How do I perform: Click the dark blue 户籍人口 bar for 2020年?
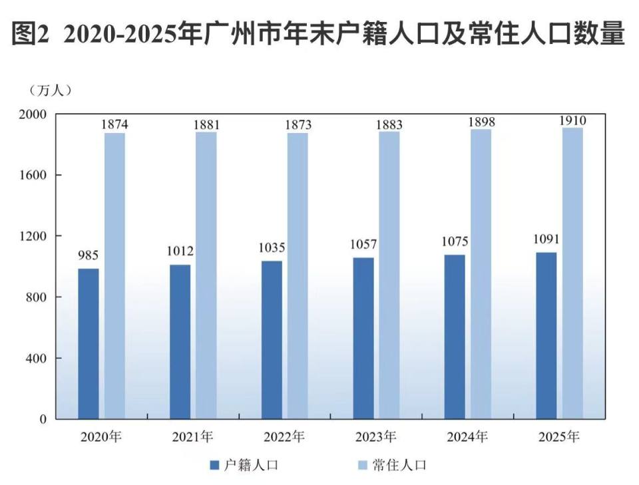point(89,344)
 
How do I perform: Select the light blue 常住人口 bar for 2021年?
point(206,275)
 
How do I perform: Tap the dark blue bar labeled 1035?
point(272,340)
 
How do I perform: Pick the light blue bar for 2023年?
point(389,275)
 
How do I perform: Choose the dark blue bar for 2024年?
point(455,337)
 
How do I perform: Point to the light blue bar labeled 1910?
point(572,273)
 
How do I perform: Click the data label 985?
point(89,255)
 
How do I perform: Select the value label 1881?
point(206,124)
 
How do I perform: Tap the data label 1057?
point(363,244)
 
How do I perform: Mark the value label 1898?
point(481,122)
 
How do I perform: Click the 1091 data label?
point(546,239)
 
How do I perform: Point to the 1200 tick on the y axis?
point(33,236)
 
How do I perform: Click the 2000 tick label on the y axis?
point(33,114)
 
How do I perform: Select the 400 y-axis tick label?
point(37,359)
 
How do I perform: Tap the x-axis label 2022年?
point(284,437)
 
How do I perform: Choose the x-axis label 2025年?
point(558,437)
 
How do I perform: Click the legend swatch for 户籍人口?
point(214,465)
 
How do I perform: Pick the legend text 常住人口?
point(399,465)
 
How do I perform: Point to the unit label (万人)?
point(51,90)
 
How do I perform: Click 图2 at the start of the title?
point(31,33)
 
